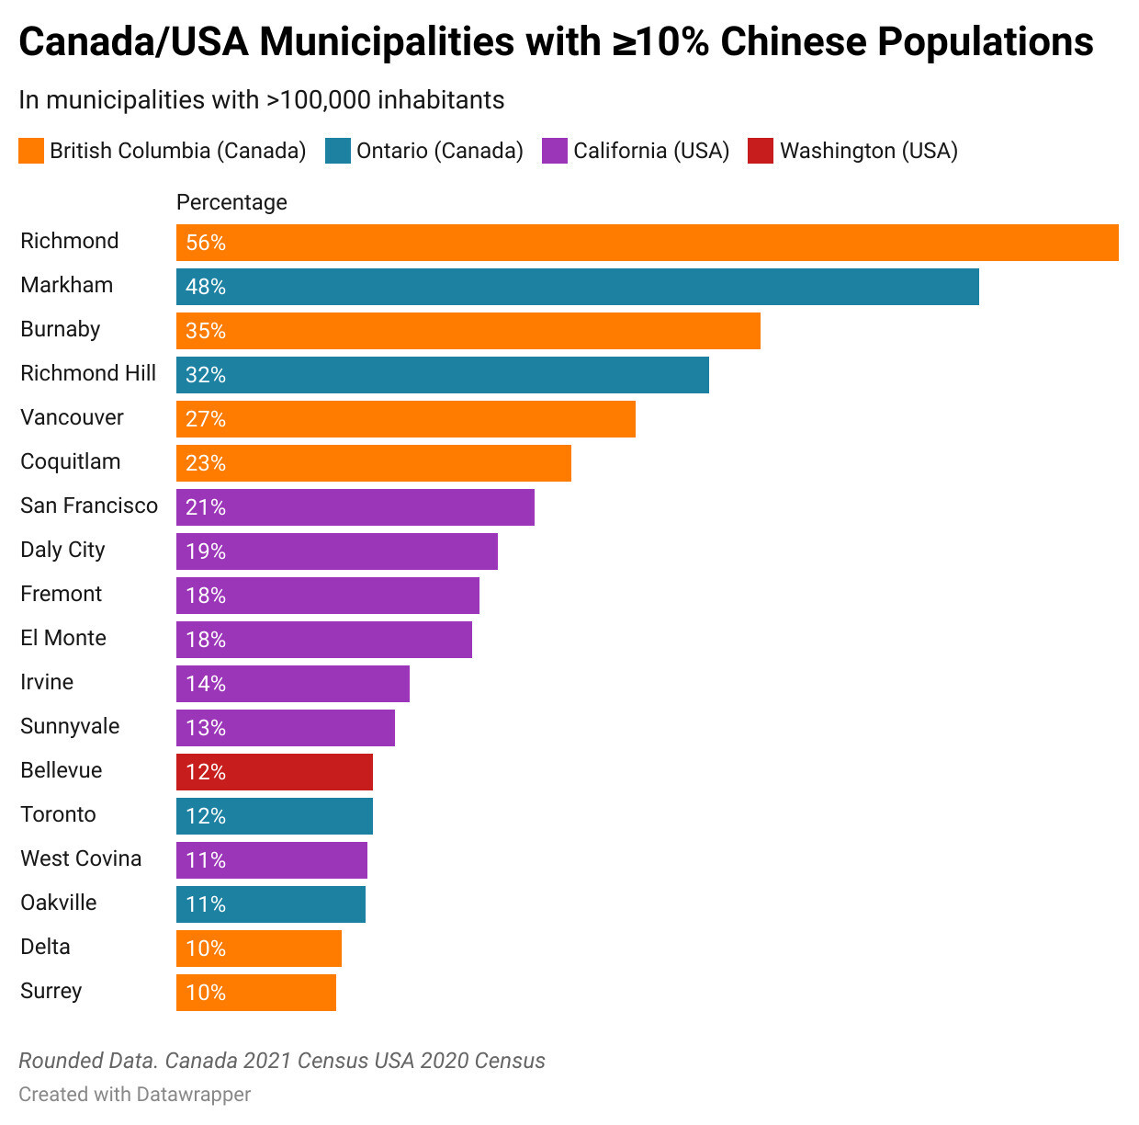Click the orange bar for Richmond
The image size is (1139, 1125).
647,243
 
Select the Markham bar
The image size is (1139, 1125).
577,287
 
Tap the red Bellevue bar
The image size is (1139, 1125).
274,772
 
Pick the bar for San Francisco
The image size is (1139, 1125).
355,507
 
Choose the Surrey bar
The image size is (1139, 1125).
255,993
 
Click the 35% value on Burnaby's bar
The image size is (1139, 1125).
206,331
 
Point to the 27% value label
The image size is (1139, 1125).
206,419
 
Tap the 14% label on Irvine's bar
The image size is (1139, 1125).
206,684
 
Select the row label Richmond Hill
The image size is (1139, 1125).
88,373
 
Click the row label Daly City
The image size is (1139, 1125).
62,550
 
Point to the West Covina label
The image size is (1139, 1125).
81,858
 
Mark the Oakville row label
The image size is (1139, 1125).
59,903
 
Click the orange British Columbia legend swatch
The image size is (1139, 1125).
31,151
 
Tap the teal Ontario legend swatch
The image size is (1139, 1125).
338,151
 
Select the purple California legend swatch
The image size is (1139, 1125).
555,151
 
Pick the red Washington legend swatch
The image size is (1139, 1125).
761,151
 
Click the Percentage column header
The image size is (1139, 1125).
231,202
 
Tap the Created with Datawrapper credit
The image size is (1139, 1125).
135,1094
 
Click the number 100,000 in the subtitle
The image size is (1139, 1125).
325,100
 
